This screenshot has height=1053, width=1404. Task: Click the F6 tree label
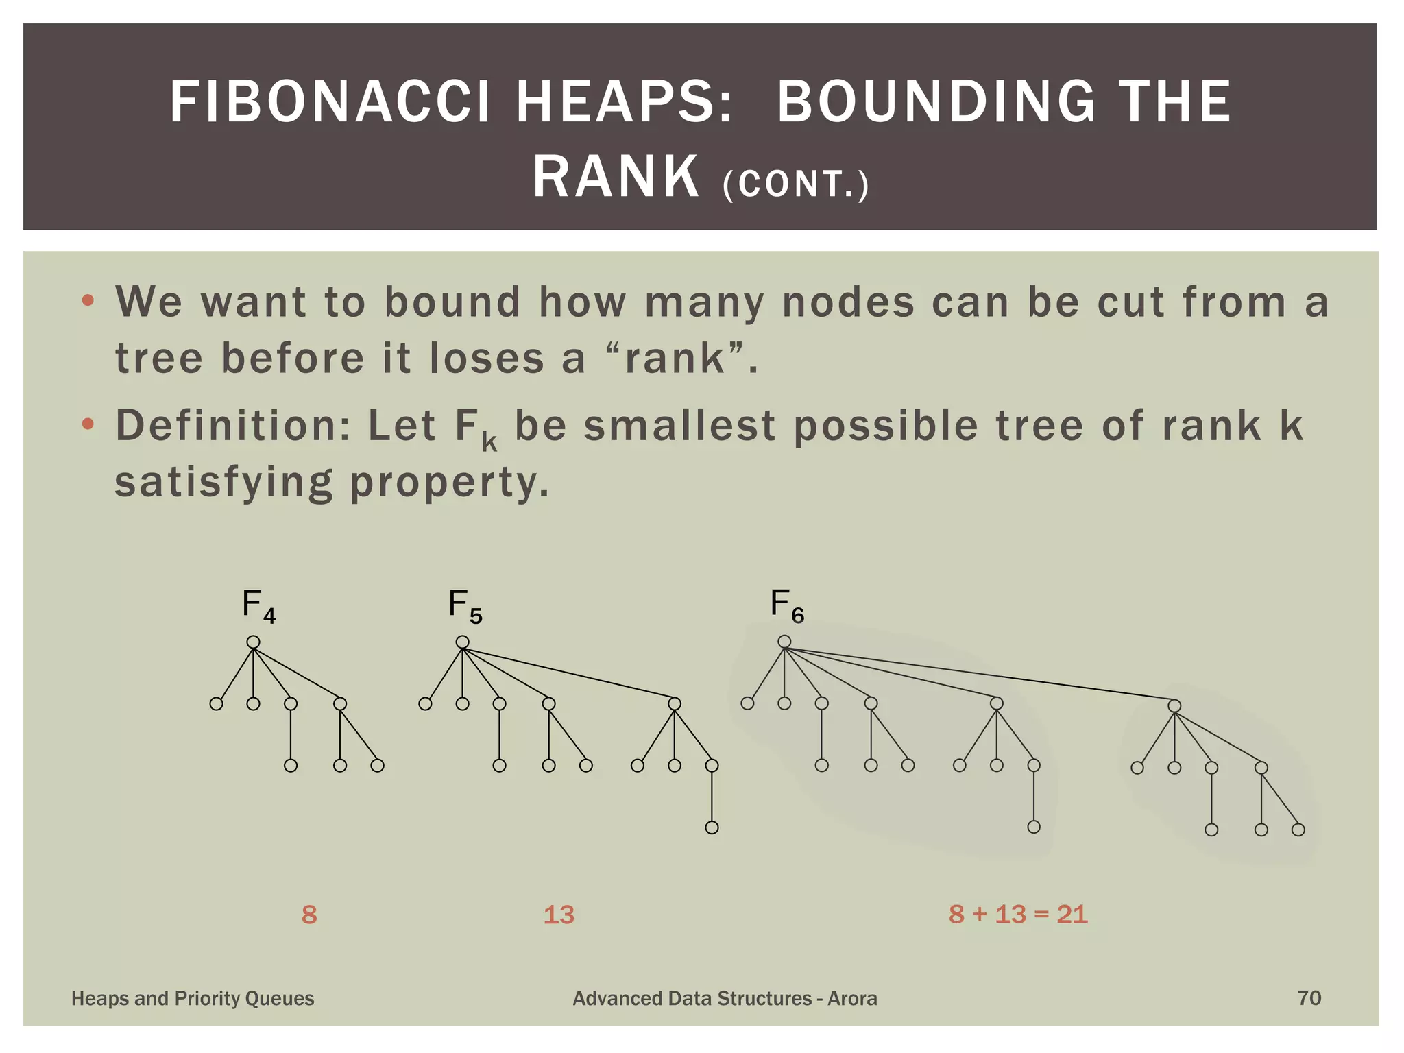pos(787,606)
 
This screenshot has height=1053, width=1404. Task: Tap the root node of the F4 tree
pos(253,642)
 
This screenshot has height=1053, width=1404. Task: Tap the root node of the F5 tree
pos(463,642)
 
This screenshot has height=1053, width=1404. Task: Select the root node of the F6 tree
pos(784,642)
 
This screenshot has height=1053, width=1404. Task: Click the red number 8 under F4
pos(309,915)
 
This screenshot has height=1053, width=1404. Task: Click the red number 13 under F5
pos(559,915)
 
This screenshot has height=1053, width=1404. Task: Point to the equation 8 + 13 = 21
pos(1018,914)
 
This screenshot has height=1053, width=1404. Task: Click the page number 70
pos(1309,997)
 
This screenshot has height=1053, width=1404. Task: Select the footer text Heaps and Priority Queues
pos(193,998)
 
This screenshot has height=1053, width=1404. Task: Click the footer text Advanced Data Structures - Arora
pos(725,998)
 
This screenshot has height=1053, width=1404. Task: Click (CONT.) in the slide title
pos(796,184)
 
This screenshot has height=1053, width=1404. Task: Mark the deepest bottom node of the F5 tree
pos(712,827)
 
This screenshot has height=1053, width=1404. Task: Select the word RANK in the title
pos(616,177)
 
